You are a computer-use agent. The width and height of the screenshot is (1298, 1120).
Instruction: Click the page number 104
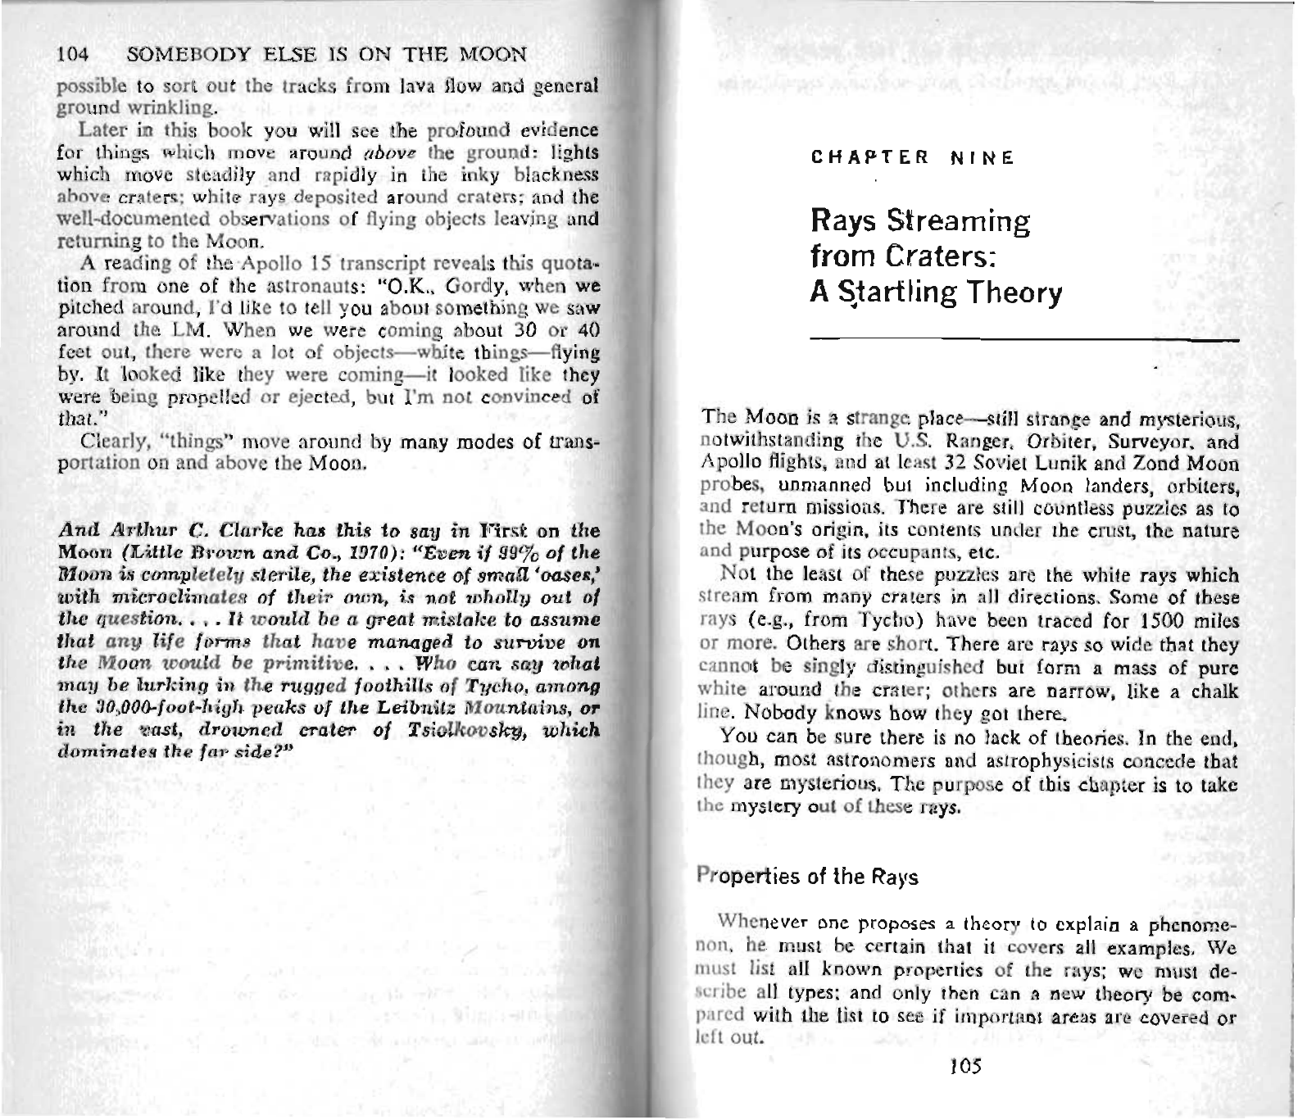(x=73, y=56)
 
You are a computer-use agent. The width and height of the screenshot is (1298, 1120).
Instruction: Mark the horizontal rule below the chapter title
(x=1024, y=338)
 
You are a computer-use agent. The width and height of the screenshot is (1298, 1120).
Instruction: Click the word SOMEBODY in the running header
(x=175, y=56)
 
